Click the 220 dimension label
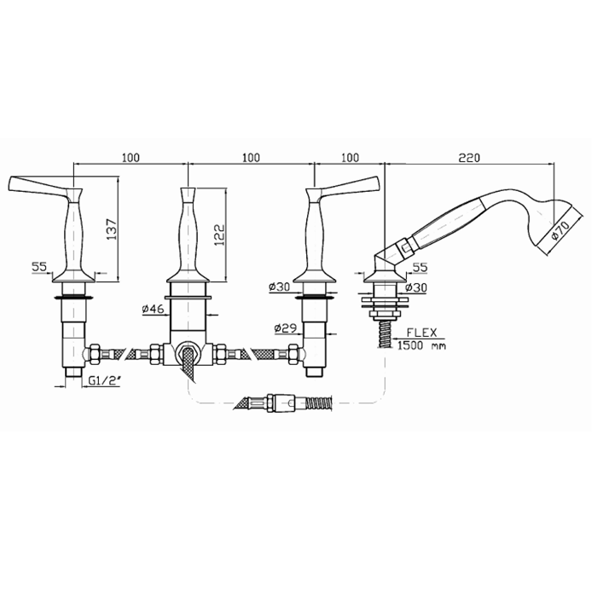click(x=469, y=157)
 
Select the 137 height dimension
click(x=112, y=229)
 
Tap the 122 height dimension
click(x=220, y=235)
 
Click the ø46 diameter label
click(x=153, y=309)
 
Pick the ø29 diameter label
click(x=286, y=327)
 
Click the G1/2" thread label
click(x=103, y=380)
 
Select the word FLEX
click(x=422, y=333)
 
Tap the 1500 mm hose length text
click(x=421, y=345)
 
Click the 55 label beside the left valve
click(x=39, y=266)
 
